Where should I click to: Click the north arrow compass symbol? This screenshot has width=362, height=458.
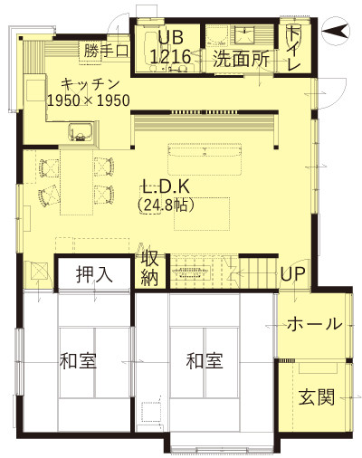click(336, 31)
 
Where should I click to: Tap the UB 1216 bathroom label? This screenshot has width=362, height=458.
click(170, 47)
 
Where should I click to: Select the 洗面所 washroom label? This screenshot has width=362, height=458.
click(241, 59)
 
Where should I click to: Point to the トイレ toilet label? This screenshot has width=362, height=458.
click(293, 48)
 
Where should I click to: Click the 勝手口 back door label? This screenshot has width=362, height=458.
click(107, 51)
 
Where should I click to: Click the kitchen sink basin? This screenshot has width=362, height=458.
click(81, 131)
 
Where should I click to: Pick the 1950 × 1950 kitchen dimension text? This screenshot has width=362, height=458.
click(89, 100)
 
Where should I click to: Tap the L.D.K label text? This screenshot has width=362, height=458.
click(166, 186)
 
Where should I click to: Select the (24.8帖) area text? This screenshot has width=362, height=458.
click(166, 205)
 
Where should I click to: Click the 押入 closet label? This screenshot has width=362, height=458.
click(94, 274)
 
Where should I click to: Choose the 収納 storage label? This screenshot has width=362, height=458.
click(150, 268)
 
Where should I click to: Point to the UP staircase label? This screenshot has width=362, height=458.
click(293, 274)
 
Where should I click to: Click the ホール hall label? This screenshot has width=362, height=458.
click(315, 324)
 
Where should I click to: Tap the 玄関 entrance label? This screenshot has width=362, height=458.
click(317, 396)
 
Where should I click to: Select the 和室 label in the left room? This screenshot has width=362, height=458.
click(78, 360)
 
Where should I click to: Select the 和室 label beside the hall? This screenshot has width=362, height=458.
click(205, 360)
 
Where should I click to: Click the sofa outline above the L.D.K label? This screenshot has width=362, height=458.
click(205, 158)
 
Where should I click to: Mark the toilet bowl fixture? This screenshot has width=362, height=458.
click(292, 31)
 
